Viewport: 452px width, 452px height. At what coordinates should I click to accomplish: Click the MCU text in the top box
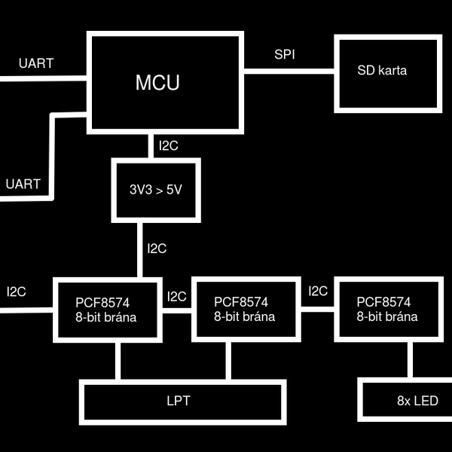(157, 83)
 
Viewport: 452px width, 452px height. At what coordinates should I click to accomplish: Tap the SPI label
(286, 56)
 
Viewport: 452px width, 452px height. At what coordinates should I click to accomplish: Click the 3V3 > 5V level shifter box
(156, 190)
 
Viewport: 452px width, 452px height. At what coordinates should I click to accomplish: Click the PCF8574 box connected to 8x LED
(386, 310)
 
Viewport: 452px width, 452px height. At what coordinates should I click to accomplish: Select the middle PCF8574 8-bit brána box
(244, 310)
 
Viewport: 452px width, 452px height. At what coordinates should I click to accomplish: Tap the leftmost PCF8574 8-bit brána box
(106, 310)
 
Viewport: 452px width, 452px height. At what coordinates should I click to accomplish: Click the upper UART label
(36, 63)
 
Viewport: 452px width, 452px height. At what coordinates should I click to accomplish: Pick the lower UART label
(23, 184)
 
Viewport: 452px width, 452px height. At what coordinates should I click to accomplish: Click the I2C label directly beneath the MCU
(168, 145)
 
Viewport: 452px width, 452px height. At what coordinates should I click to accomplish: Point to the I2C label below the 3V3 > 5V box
(157, 248)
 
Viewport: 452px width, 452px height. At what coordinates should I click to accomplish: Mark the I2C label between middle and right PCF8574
(318, 291)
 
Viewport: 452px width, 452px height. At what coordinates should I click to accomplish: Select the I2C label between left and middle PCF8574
(177, 297)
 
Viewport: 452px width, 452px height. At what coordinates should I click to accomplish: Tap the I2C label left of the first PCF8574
(17, 292)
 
